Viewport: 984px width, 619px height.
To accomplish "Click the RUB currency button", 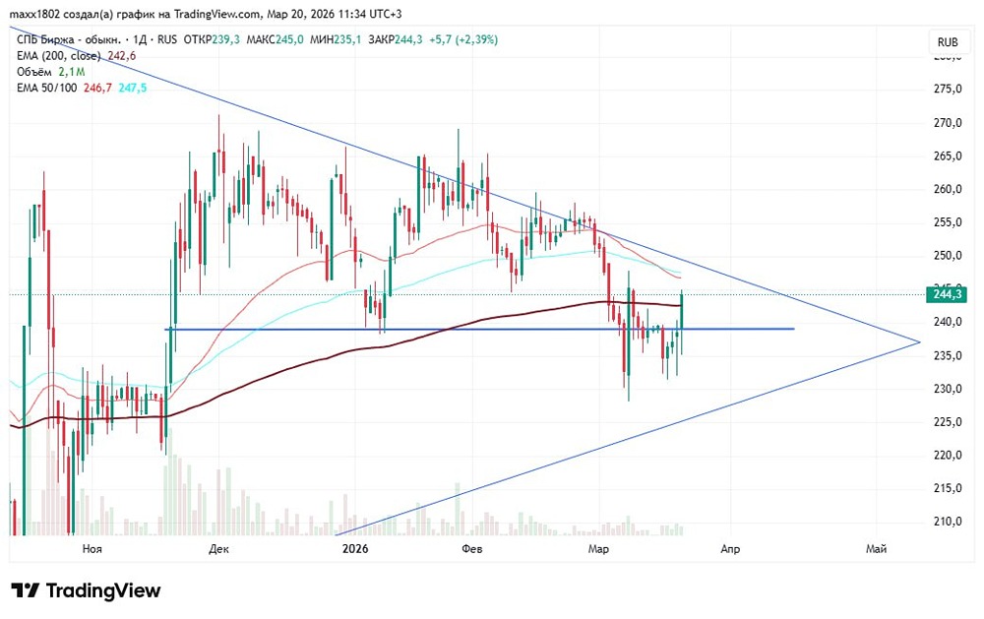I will pyautogui.click(x=948, y=42).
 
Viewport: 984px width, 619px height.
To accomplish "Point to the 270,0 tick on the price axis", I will pyautogui.click(x=948, y=123).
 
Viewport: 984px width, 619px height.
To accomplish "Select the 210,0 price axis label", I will pyautogui.click(x=948, y=522).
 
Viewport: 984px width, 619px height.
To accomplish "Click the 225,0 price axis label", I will pyautogui.click(x=948, y=422).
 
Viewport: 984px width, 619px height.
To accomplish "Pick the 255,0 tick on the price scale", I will pyautogui.click(x=948, y=222).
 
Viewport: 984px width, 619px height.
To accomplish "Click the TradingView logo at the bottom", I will pyautogui.click(x=86, y=590).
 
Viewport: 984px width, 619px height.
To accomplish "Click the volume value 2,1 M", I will pyautogui.click(x=71, y=72).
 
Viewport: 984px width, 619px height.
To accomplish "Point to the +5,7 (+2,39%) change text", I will pyautogui.click(x=461, y=39).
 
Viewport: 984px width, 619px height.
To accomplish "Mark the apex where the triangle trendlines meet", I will pyautogui.click(x=920, y=341).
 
